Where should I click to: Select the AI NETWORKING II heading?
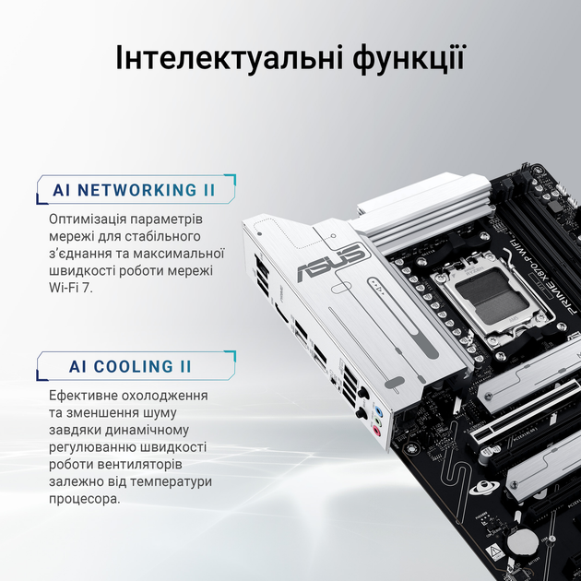tap(134, 191)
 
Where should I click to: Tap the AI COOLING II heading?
tap(130, 366)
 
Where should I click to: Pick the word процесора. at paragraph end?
tap(84, 498)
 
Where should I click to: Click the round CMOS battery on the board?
tap(523, 537)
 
